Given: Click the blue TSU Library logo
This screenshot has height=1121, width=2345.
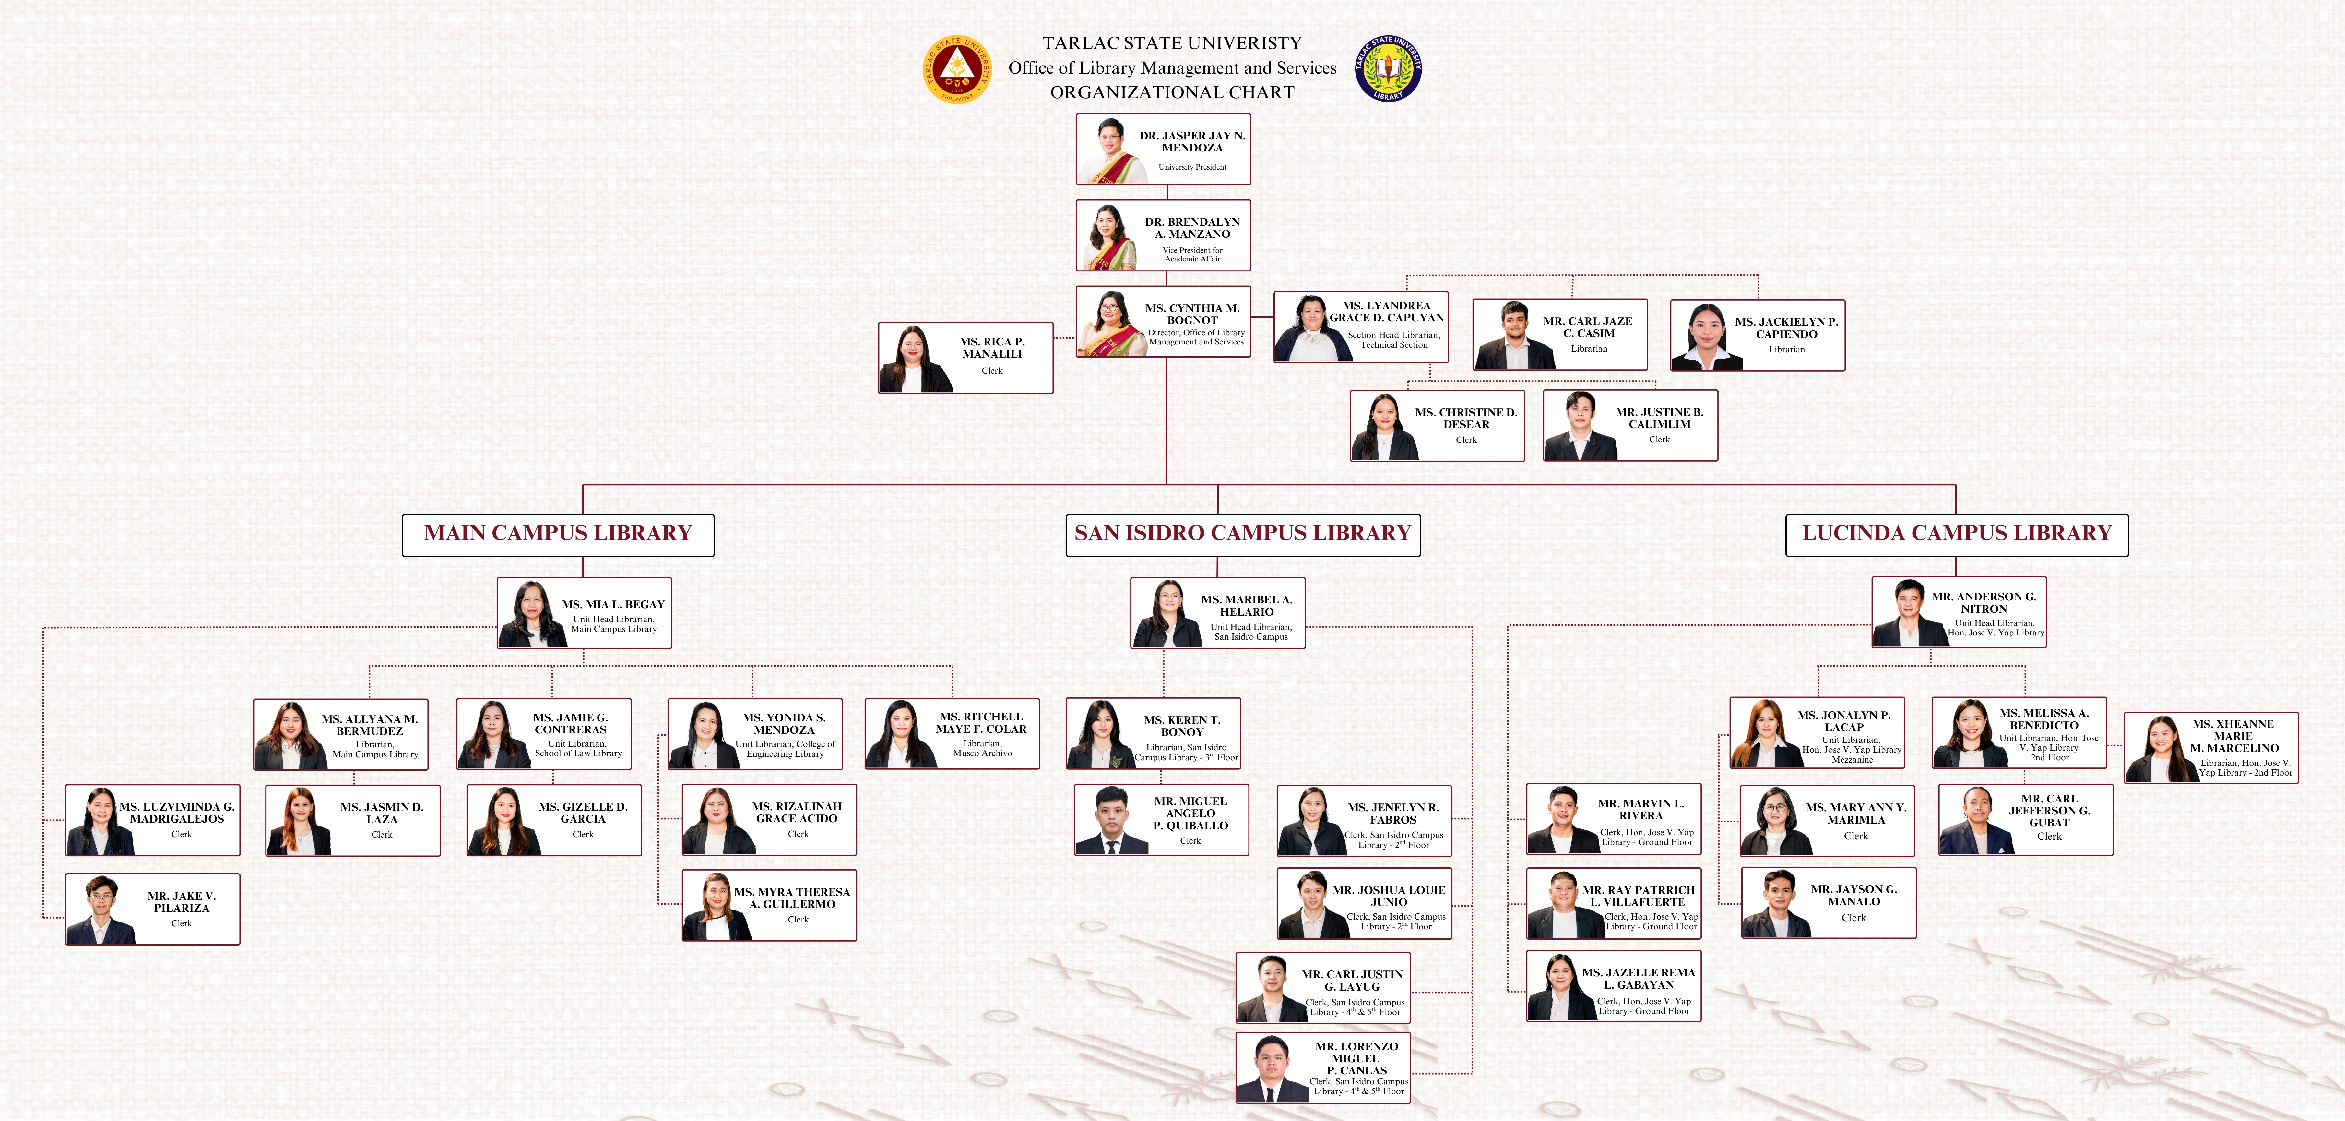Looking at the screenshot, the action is pos(1388,68).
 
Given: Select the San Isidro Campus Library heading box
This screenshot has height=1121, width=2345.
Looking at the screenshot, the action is pos(1243,535).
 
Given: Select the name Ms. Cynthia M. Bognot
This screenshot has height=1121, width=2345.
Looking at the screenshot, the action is pos(1192,314).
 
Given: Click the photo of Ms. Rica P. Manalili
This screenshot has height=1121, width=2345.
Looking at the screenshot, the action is pos(912,359).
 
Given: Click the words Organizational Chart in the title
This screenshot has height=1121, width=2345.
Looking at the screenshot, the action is pos(1172,92).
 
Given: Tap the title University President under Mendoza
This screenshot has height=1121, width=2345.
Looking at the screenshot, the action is pos(1192,168).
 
